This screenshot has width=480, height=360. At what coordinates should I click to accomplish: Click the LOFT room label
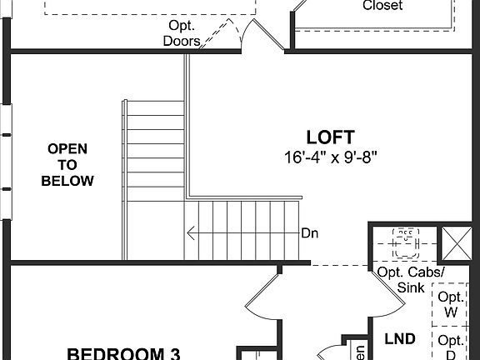tap(331, 137)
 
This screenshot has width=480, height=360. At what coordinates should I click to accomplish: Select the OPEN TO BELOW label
tap(67, 164)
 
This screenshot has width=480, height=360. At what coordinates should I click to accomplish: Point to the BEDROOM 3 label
tap(123, 352)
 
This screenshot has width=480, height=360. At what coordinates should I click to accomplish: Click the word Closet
tap(382, 6)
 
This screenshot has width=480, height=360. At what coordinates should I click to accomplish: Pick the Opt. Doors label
tap(181, 32)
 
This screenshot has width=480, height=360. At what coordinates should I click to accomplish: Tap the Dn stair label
tap(310, 233)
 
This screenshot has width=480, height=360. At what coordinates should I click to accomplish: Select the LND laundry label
tap(400, 339)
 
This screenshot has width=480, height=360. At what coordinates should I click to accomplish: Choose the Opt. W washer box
tap(451, 304)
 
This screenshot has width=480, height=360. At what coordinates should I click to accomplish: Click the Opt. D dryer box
tap(451, 346)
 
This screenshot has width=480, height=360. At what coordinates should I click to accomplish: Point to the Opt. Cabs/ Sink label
tap(411, 280)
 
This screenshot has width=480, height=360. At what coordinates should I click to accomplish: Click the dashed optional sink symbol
tap(406, 243)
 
